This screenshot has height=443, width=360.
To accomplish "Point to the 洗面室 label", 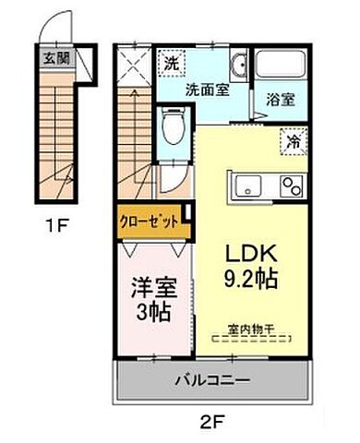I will [x=181, y=90].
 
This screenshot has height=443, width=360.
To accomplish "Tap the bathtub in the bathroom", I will [x=282, y=67].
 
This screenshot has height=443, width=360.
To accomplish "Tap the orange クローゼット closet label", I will [x=149, y=221].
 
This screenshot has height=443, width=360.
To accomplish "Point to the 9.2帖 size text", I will [x=246, y=278].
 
